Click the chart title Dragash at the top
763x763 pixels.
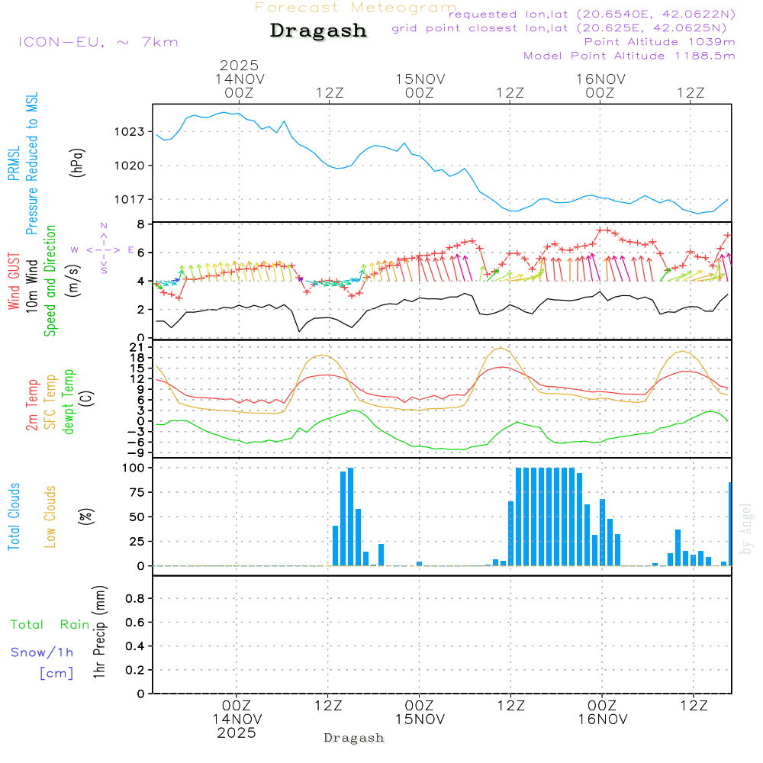[x=318, y=31]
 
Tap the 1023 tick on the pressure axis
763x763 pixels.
[x=129, y=131]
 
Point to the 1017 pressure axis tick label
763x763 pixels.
[x=129, y=199]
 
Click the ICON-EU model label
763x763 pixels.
[x=98, y=42]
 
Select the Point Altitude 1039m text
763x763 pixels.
[x=659, y=42]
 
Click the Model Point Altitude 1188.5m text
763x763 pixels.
[x=629, y=56]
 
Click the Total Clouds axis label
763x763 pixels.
[x=14, y=517]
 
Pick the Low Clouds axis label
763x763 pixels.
[x=50, y=517]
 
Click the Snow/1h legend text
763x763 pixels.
[x=43, y=652]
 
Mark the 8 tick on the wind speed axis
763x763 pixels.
[x=140, y=224]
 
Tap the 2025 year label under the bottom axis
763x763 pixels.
[x=237, y=732]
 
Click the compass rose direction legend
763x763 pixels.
[x=103, y=249]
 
